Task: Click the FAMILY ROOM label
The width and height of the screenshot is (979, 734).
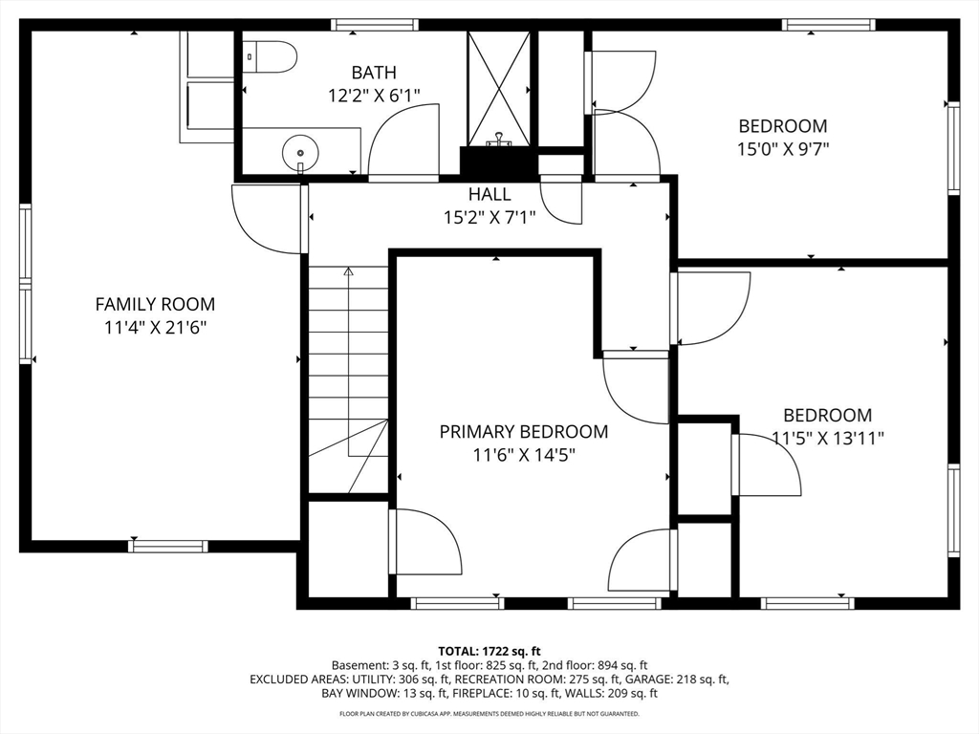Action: click(155, 305)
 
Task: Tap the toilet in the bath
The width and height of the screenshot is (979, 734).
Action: click(269, 56)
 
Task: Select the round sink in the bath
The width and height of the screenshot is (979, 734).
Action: click(300, 152)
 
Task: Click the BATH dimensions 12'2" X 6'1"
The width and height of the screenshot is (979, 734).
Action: click(374, 96)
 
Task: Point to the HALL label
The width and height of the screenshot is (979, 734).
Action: click(489, 194)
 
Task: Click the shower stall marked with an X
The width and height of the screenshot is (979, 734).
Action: click(499, 88)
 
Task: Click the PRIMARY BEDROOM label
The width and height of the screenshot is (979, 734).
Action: click(524, 432)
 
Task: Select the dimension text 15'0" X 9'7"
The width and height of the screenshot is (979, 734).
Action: click(783, 149)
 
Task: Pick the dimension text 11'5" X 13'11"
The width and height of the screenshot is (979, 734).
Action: click(828, 438)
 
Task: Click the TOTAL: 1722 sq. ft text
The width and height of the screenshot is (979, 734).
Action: click(489, 652)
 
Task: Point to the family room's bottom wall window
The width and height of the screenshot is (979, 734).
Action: click(168, 546)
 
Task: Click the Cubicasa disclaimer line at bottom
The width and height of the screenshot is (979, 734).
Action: click(489, 713)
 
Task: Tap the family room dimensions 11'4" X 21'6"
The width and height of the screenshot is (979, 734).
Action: click(156, 328)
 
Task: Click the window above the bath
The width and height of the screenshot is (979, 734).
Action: click(375, 25)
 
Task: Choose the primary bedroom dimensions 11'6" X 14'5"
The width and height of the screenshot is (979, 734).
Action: click(524, 455)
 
